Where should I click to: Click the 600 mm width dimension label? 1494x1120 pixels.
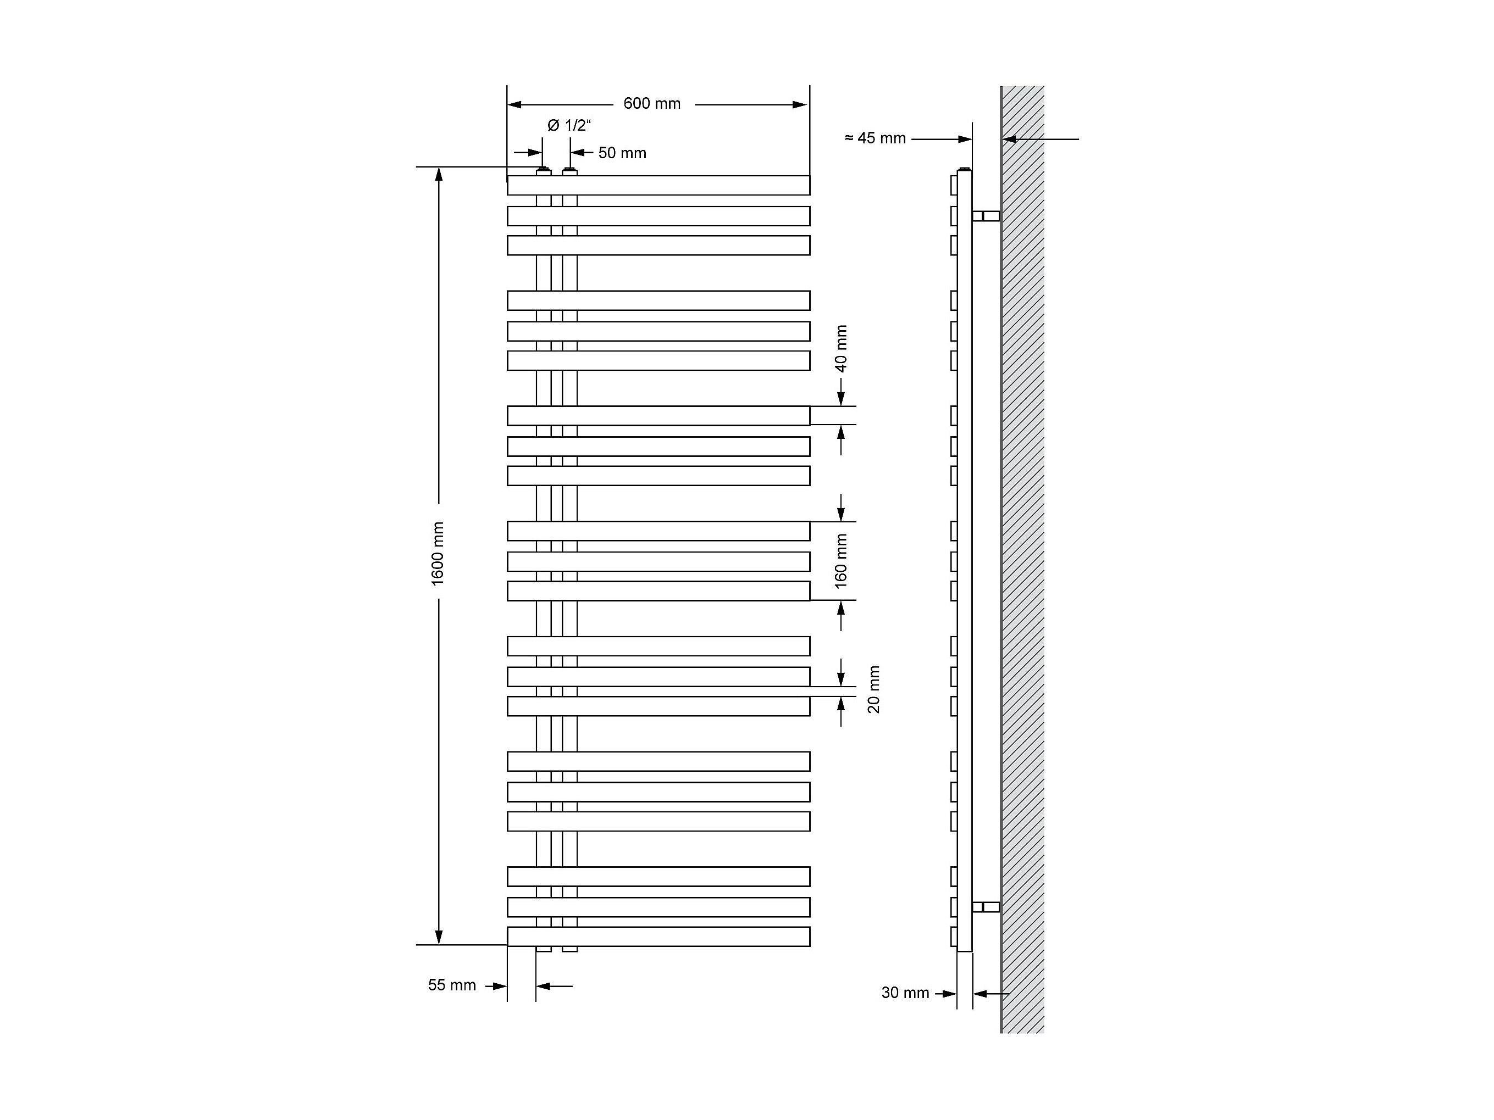[x=652, y=104]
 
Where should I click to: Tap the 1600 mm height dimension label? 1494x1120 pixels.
[x=438, y=554]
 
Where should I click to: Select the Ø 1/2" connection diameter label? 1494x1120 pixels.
[x=569, y=126]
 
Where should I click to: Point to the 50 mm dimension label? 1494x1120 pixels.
[x=622, y=153]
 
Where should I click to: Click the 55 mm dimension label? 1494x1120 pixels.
[x=452, y=985]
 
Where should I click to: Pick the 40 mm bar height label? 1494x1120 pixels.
[x=841, y=349]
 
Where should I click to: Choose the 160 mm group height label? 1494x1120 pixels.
[x=841, y=561]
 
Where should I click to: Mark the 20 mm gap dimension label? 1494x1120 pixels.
[x=874, y=689]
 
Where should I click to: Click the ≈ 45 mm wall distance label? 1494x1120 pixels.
[x=875, y=138]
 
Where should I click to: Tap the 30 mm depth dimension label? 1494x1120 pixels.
[x=905, y=993]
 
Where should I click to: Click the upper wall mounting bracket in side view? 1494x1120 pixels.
[x=986, y=216]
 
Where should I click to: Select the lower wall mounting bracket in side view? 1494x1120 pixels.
[x=986, y=907]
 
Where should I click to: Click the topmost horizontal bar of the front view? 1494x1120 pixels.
[x=659, y=186]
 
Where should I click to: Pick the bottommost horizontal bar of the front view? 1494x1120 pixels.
[x=659, y=937]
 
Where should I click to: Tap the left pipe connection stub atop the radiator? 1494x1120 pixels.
[x=543, y=172]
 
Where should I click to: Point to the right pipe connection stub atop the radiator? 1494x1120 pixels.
[x=570, y=172]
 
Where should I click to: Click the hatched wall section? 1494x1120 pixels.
[x=1022, y=560]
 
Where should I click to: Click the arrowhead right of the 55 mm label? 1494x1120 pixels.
[x=500, y=987]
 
